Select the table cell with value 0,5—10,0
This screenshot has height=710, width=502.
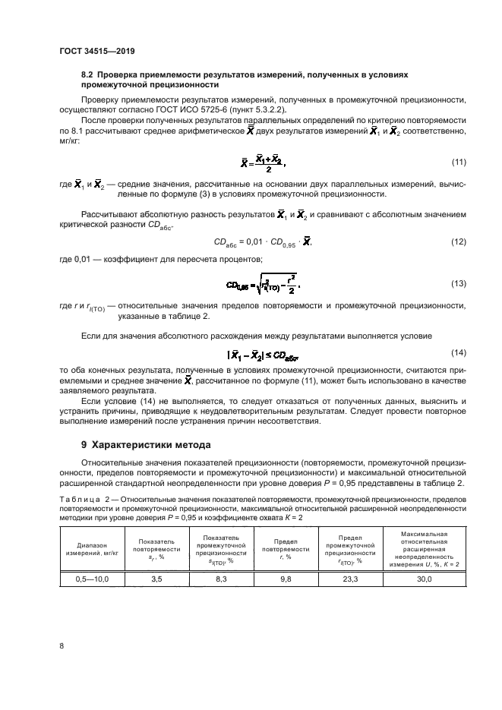(92, 579)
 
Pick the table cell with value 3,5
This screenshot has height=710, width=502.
(156, 579)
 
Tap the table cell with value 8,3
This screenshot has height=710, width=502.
(221, 579)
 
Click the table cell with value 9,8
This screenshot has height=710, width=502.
(286, 579)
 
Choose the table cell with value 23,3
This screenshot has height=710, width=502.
(349, 579)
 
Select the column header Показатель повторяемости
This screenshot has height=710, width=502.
(156, 548)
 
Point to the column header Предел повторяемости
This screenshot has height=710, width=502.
(286, 548)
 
